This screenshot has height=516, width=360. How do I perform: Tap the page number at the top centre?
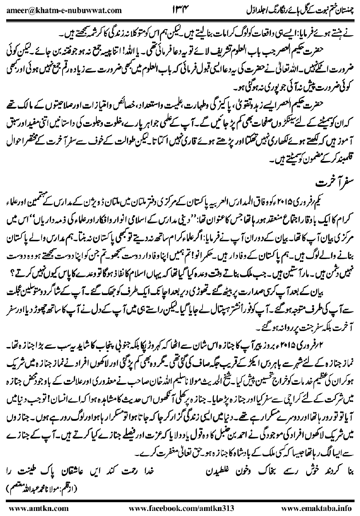[180, 10]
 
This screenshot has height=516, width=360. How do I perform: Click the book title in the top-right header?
[298, 10]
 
